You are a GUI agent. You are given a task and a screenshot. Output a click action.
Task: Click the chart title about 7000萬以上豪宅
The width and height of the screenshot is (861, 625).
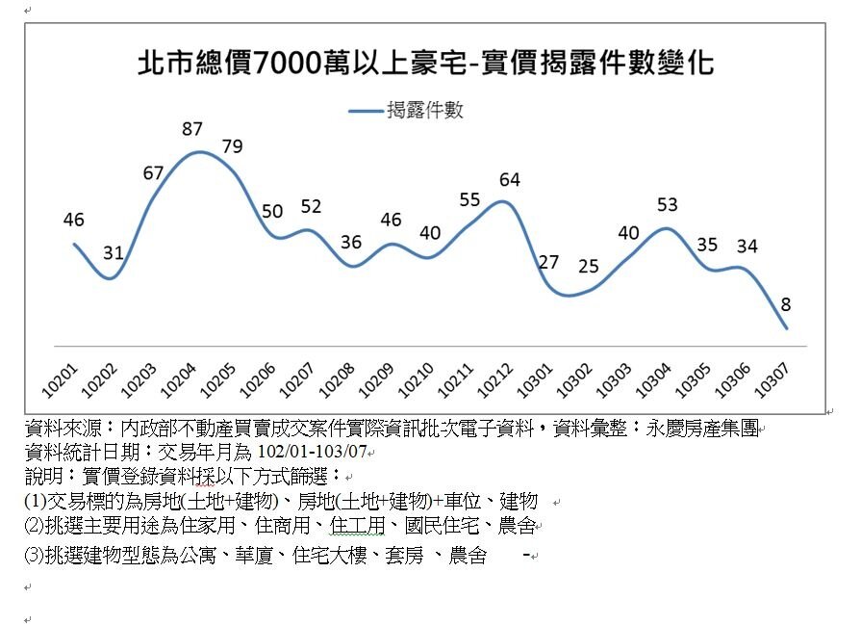coord(425,65)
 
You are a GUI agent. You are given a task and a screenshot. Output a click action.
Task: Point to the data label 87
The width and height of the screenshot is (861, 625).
coord(191,129)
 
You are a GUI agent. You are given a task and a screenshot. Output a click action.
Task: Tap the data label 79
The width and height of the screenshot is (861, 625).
coord(232,146)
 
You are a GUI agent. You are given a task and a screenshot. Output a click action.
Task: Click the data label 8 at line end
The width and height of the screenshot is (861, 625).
coord(786,304)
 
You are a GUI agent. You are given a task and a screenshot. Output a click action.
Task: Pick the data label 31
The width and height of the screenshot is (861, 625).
coord(114,254)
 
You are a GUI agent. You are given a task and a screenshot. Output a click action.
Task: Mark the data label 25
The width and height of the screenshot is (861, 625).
coord(588,267)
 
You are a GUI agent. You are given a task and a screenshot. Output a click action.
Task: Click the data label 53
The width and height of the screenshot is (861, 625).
coord(667,205)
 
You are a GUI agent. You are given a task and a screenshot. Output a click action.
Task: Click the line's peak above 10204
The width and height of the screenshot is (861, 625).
coord(199,152)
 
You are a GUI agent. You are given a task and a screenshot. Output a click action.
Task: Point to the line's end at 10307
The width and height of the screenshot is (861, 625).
coord(787,328)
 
